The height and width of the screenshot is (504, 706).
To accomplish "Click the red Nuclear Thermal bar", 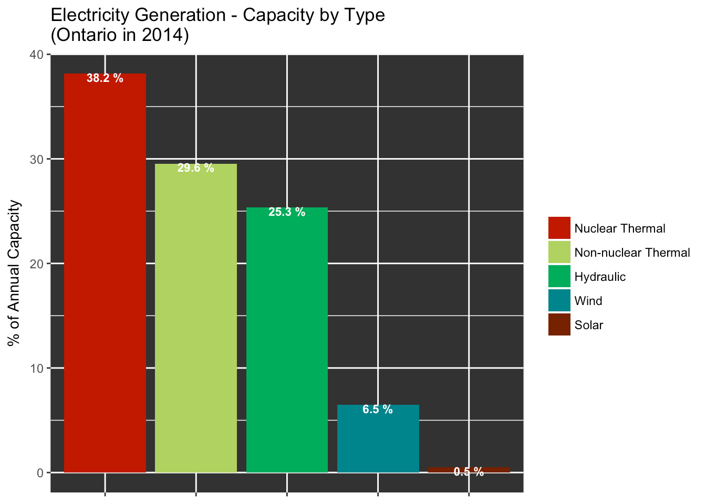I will click(105, 273).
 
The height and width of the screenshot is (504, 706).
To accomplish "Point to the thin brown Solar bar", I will click(469, 469).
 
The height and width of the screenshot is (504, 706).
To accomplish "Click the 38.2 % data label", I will click(105, 79).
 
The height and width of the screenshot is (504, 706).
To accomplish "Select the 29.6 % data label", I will click(195, 169).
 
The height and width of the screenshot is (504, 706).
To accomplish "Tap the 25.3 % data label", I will click(287, 213).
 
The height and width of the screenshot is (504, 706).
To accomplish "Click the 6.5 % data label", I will click(378, 410).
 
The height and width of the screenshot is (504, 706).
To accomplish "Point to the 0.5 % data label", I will click(469, 472).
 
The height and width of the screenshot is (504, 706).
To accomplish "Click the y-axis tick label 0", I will click(40, 472).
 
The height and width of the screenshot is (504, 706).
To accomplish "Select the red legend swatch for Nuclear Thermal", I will click(559, 228).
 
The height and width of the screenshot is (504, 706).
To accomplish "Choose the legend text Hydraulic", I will click(600, 277).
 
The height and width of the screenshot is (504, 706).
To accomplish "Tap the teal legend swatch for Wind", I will click(559, 301).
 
